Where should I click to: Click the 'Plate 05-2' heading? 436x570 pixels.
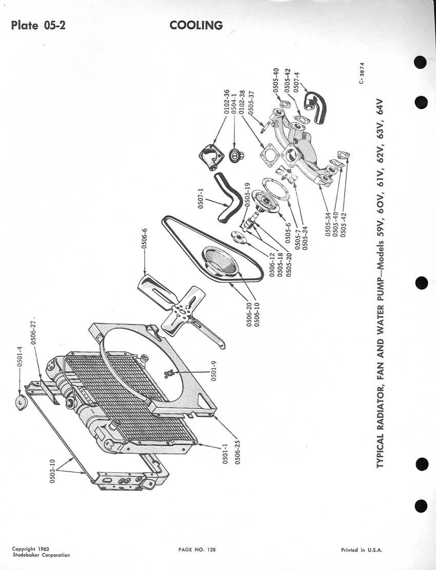click(38, 26)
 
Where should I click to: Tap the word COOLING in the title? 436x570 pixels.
click(196, 26)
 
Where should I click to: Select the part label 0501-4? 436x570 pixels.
click(20, 356)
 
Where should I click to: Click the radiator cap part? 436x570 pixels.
click(20, 402)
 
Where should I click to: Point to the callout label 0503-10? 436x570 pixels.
click(52, 471)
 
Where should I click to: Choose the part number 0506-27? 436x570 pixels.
click(33, 332)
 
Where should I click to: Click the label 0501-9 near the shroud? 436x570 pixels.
click(214, 371)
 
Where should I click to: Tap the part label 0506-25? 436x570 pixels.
click(238, 452)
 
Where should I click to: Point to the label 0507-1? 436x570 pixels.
click(201, 199)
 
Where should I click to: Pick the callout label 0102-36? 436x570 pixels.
click(227, 102)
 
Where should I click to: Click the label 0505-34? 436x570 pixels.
click(328, 225)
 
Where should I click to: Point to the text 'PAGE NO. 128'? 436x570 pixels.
click(197, 549)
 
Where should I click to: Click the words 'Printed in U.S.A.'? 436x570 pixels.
click(362, 550)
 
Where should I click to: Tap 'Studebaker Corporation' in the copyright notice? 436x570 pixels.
click(41, 555)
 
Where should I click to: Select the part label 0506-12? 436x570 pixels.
click(272, 264)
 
